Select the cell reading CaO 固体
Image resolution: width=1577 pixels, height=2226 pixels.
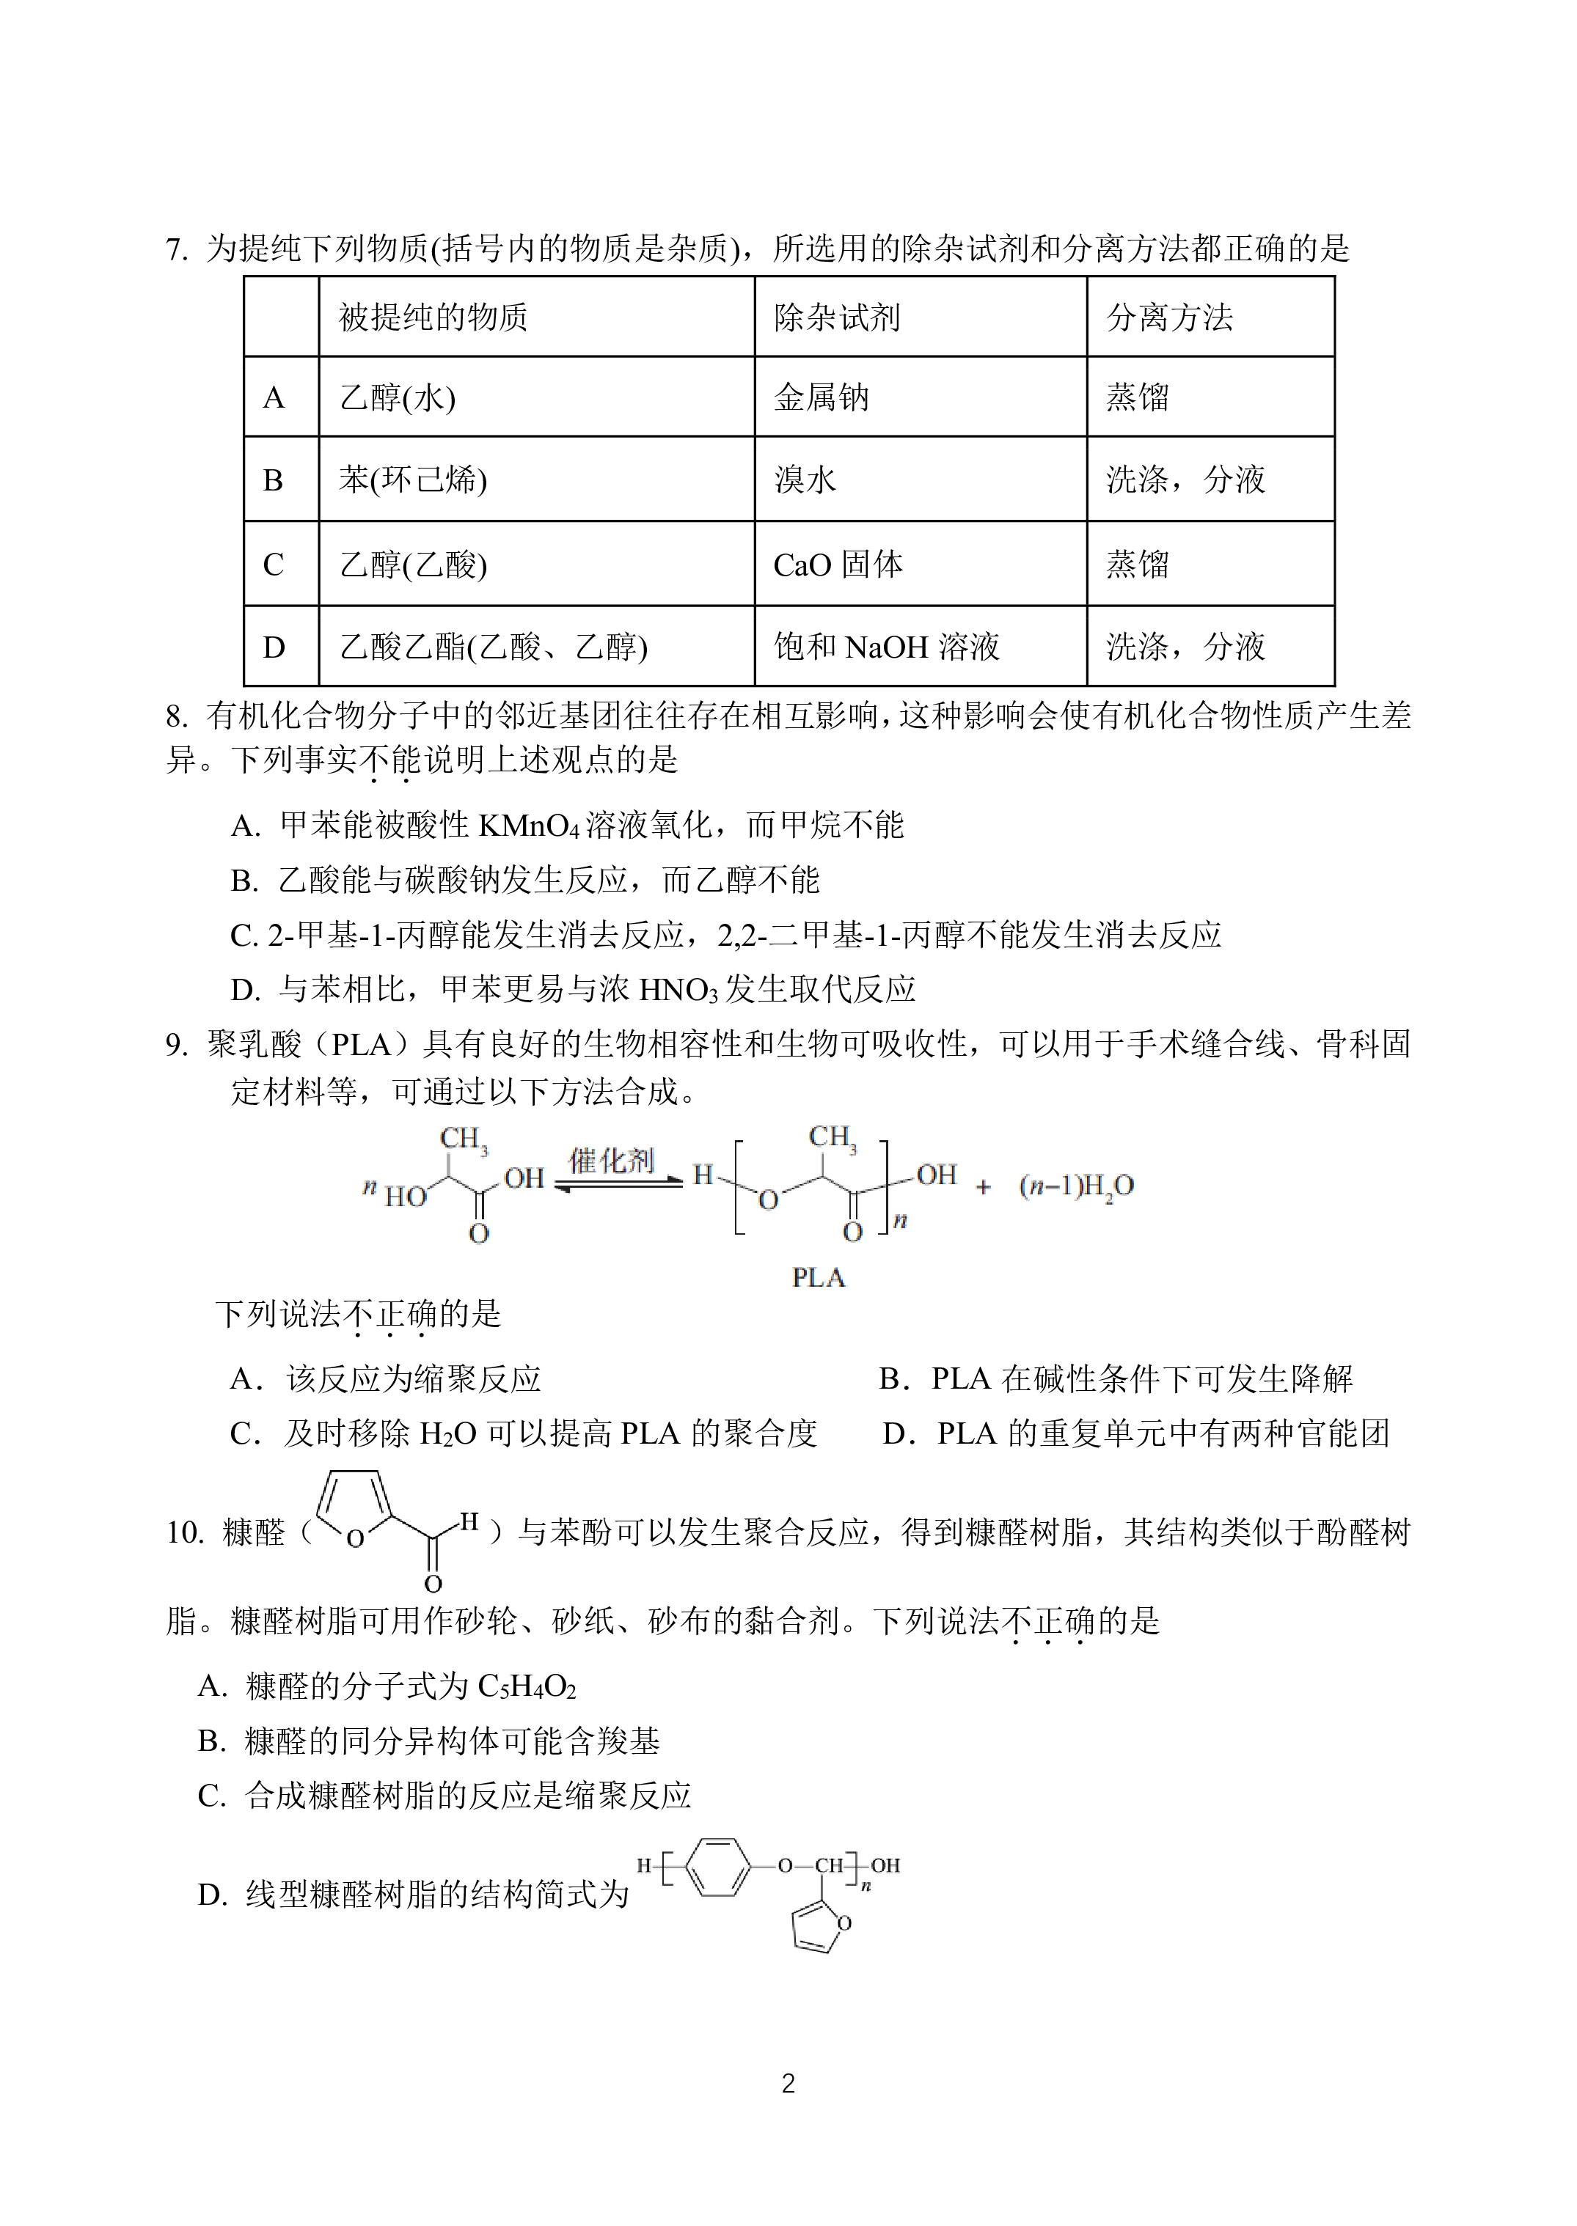[x=920, y=564]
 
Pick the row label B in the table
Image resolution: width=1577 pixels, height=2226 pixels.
[x=273, y=480]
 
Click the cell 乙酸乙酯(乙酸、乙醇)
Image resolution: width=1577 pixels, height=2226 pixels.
[x=536, y=647]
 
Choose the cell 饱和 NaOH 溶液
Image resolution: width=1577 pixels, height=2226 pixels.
[x=920, y=647]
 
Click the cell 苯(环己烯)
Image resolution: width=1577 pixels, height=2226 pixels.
[x=536, y=479]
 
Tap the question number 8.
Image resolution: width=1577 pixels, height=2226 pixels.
[x=176, y=717]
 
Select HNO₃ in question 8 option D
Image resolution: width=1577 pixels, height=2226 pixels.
[x=678, y=989]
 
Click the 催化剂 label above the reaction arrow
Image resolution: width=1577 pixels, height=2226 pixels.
[x=611, y=1160]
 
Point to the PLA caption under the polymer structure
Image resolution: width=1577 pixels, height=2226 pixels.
[x=819, y=1277]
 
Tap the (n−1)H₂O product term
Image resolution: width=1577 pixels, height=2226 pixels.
[x=1076, y=1186]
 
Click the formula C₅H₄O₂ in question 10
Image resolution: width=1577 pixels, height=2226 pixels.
[x=527, y=1687]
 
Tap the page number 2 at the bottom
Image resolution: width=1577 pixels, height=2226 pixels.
[x=789, y=2083]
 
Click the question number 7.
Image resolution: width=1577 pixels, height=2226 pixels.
[x=176, y=249]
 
